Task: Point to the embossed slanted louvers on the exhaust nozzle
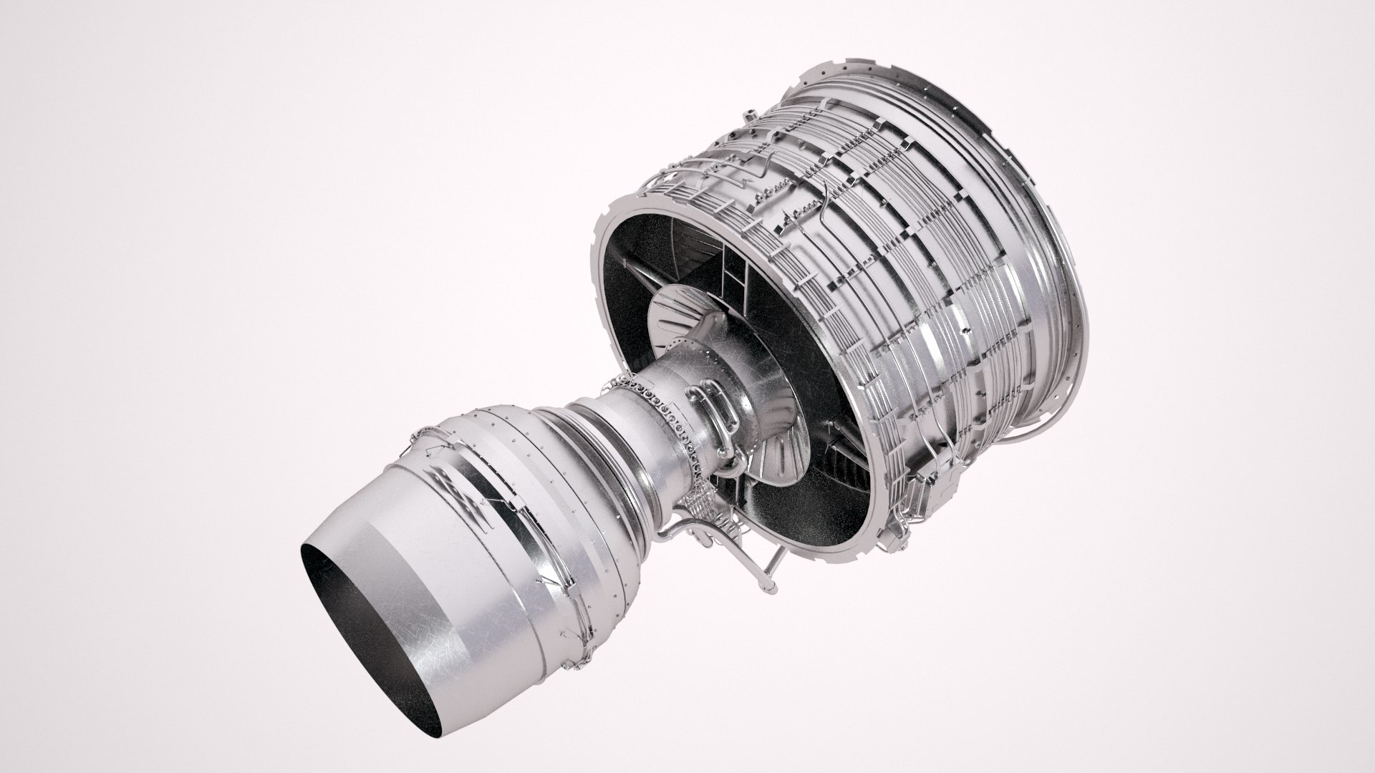coord(458,494)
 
